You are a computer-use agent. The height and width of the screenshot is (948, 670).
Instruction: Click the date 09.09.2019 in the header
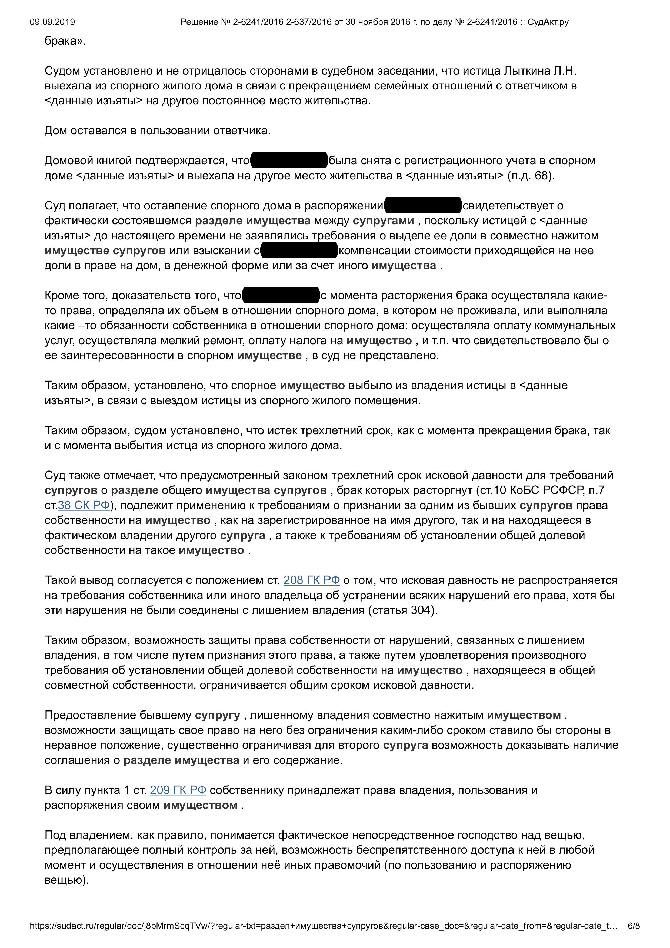point(52,22)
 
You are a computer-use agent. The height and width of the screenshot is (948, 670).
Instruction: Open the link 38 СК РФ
point(84,505)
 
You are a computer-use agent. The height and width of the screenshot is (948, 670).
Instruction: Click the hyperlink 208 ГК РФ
point(311,580)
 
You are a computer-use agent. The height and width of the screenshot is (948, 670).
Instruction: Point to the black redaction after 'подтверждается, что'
point(289,161)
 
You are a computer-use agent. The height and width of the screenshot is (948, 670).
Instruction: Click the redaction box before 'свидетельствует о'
point(423,206)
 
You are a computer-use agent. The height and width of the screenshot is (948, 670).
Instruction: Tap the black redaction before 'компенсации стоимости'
point(299,251)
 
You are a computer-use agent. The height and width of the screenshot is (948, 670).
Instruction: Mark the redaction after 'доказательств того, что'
point(281,296)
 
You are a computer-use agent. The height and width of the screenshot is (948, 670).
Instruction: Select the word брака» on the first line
point(65,41)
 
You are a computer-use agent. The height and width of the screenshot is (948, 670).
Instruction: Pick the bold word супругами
point(383,221)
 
